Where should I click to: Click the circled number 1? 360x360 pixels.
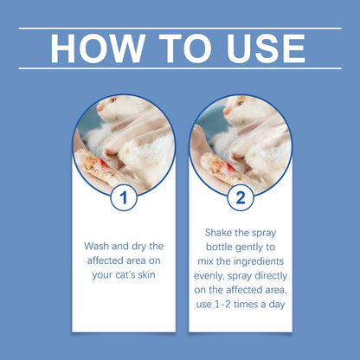coord(124,198)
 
